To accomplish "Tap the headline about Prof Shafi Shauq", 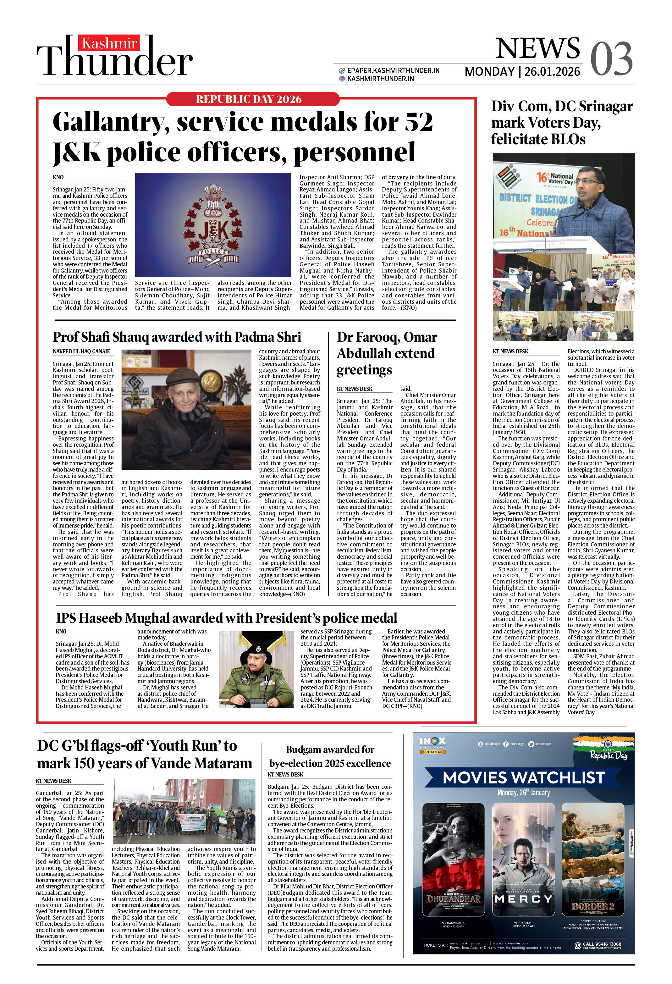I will click(177, 337).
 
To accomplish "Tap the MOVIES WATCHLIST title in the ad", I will click(523, 777).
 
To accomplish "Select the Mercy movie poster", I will click(523, 860).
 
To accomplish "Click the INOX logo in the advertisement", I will click(432, 742).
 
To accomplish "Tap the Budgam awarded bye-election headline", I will click(329, 756).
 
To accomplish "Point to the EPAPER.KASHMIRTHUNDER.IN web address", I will click(393, 71).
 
